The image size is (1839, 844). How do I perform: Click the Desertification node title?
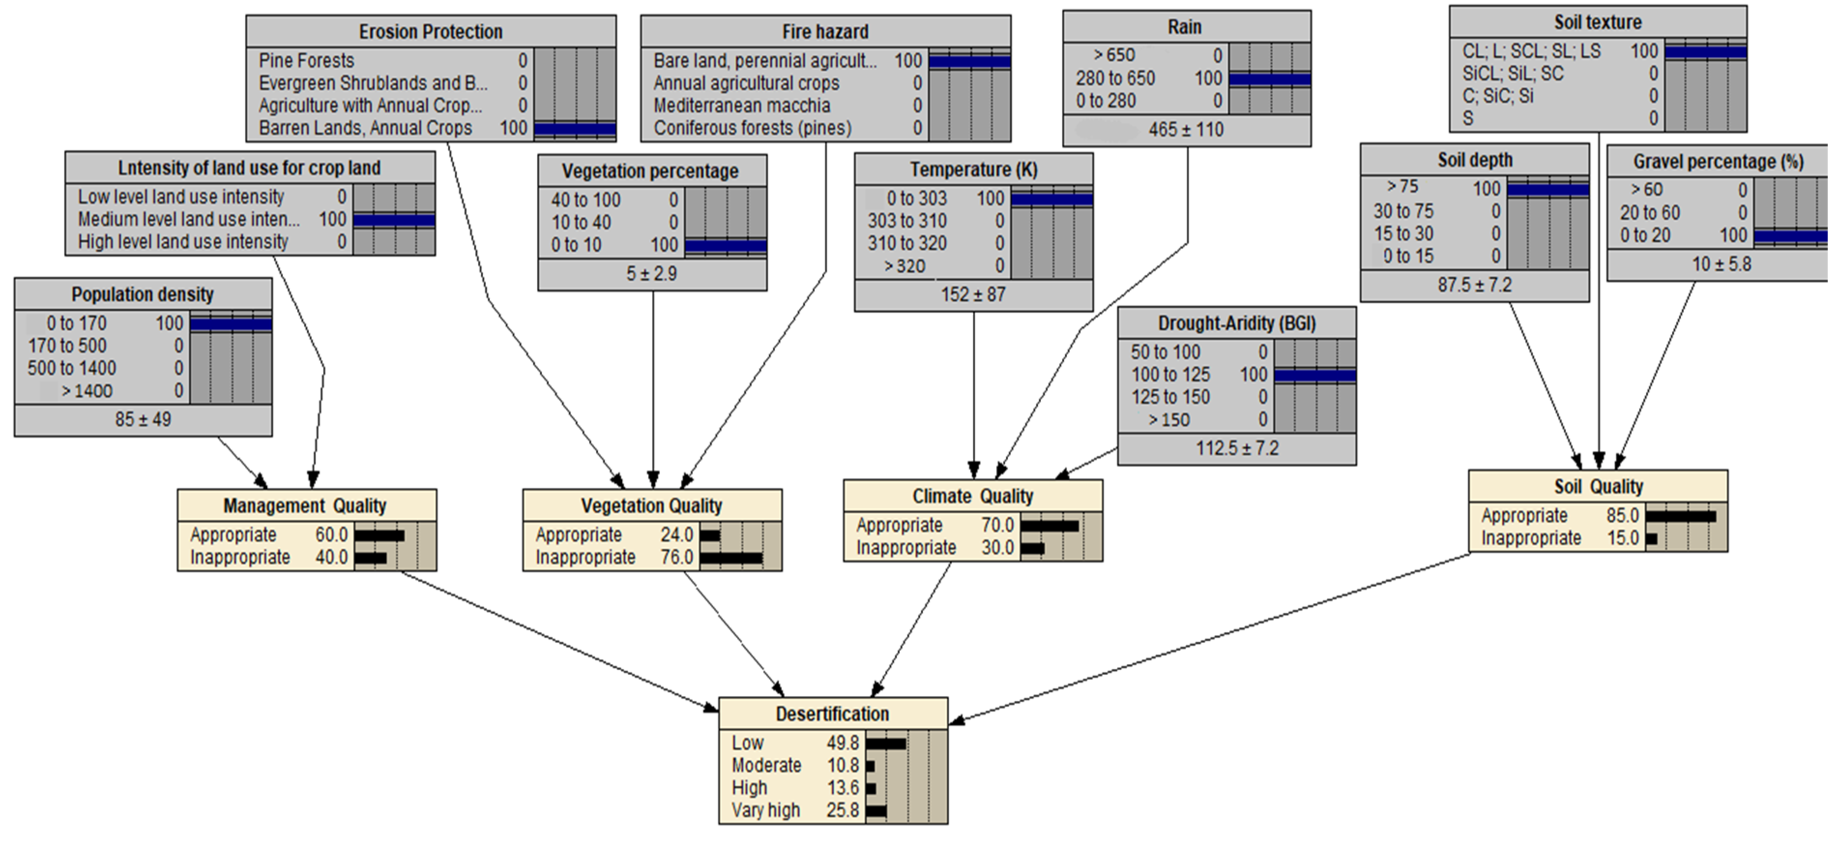pyautogui.click(x=832, y=713)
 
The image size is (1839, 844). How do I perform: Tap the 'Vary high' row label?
pyautogui.click(x=765, y=811)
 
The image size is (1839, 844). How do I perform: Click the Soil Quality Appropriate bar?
pyautogui.click(x=1680, y=516)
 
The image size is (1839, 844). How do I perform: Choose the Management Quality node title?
pyautogui.click(x=305, y=506)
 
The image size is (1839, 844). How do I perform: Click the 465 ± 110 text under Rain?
pyautogui.click(x=1186, y=130)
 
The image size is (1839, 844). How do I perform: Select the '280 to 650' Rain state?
pyautogui.click(x=1115, y=78)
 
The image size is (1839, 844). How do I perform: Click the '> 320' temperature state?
pyautogui.click(x=905, y=266)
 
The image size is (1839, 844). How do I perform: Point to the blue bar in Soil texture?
pyautogui.click(x=1706, y=51)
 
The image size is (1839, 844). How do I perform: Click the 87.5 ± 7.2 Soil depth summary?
pyautogui.click(x=1474, y=285)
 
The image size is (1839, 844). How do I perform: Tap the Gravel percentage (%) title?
pyautogui.click(x=1718, y=161)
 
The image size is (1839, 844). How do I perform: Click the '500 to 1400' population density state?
pyautogui.click(x=72, y=368)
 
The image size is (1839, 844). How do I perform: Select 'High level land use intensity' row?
pyautogui.click(x=183, y=242)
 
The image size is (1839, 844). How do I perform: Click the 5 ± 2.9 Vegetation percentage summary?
pyautogui.click(x=651, y=274)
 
